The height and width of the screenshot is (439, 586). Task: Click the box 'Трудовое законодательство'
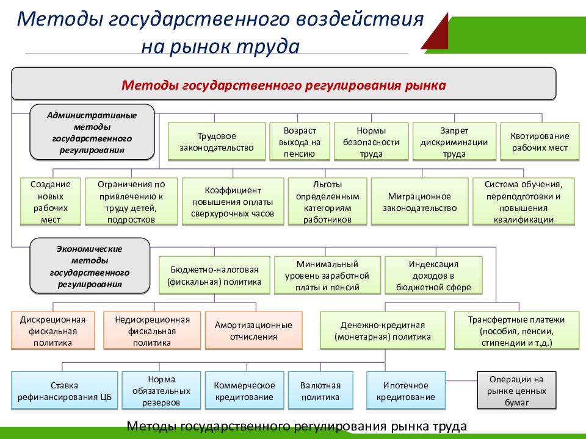[x=217, y=141]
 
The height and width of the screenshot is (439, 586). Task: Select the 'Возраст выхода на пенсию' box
[x=299, y=141]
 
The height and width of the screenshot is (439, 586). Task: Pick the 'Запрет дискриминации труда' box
[x=454, y=141]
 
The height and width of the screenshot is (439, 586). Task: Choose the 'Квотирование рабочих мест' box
[x=540, y=141]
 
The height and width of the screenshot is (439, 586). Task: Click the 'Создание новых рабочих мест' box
[x=51, y=202]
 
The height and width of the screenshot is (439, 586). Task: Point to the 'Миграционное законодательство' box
[x=420, y=202]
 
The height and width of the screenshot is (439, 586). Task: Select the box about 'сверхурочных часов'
[x=233, y=202]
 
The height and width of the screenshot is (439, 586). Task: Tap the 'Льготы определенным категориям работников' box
[x=327, y=202]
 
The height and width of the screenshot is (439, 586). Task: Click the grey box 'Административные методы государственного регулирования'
[x=92, y=132]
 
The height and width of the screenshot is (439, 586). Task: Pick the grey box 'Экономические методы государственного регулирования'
[x=90, y=266]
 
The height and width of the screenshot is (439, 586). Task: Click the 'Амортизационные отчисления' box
[x=254, y=330]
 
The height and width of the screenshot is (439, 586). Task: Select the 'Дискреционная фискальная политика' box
[x=53, y=330]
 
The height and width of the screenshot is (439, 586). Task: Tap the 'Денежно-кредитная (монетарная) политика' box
[x=383, y=330]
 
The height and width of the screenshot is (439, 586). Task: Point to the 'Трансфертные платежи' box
[x=516, y=330]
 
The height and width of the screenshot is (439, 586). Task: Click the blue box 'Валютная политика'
[x=320, y=391]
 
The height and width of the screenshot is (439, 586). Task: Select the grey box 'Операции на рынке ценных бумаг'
[x=516, y=391]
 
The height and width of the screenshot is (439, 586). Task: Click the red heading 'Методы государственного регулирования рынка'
[x=284, y=84]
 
